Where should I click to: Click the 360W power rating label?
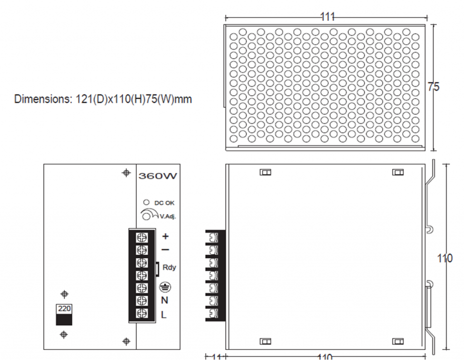click(158, 176)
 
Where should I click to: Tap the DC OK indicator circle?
click(146, 202)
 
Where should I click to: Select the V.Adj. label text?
click(168, 216)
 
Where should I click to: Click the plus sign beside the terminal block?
click(165, 236)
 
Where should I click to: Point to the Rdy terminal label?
click(169, 268)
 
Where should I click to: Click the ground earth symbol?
click(165, 287)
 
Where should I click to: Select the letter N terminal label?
click(164, 301)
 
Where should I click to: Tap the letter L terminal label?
click(164, 315)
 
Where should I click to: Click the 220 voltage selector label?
click(64, 309)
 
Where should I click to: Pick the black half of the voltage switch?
click(64, 320)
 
